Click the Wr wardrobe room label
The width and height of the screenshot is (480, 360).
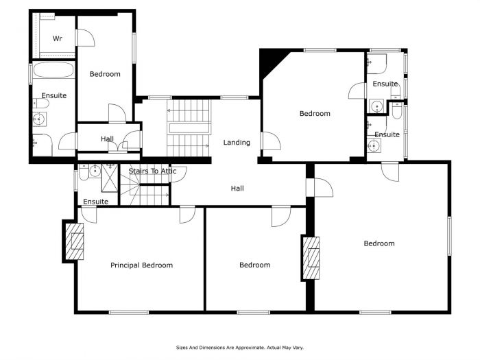(57, 38)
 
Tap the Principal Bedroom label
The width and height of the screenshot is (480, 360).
(141, 265)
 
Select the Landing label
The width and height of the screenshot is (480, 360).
(237, 143)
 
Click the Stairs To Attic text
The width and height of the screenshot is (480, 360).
(152, 171)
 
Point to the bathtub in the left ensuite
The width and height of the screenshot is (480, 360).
(53, 70)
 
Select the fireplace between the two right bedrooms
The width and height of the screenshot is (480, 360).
(311, 258)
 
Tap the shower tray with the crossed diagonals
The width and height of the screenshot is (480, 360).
(110, 178)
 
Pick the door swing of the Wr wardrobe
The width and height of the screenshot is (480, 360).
(85, 38)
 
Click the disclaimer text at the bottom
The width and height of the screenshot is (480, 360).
(240, 348)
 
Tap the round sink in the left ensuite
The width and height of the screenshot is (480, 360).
(39, 119)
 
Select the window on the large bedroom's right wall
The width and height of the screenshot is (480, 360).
(449, 236)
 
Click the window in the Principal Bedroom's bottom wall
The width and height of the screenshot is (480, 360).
(129, 312)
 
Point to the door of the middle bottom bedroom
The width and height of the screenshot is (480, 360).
(281, 217)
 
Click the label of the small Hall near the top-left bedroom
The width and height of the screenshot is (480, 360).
(107, 139)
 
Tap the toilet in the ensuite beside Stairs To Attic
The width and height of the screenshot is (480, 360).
(84, 172)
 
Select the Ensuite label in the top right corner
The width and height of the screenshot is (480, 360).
(385, 84)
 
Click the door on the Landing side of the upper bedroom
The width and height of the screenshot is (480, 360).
(271, 141)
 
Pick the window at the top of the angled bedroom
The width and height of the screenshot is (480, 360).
(320, 50)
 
